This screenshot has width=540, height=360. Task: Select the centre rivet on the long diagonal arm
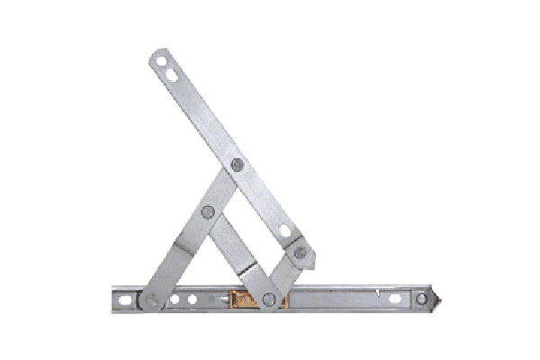[237, 165]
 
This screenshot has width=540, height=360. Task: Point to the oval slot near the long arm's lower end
[286, 231]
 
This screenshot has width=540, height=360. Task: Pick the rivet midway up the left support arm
[208, 212]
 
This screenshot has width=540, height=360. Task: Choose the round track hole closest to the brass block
[193, 298]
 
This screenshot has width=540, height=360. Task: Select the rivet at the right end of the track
[421, 297]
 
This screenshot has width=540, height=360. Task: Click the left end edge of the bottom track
[113, 299]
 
